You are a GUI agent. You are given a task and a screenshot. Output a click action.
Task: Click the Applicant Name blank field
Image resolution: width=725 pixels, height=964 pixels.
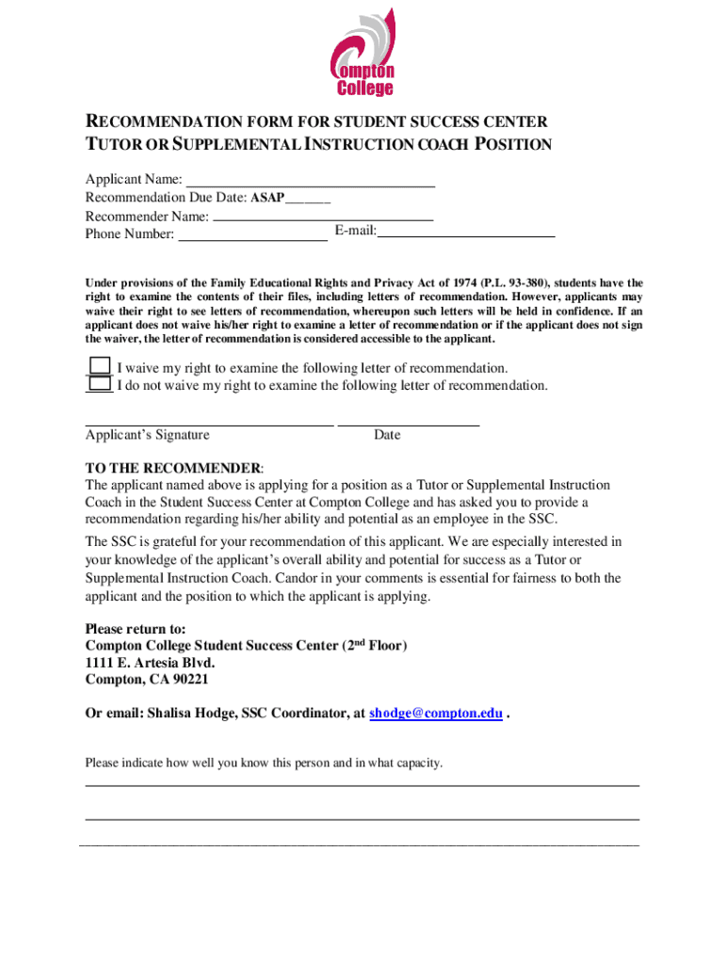point(310,180)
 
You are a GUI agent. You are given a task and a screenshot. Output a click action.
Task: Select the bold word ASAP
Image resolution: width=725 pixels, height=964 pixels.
point(267,199)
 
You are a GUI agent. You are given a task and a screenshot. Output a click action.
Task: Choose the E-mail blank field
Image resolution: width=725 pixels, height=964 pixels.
point(466,232)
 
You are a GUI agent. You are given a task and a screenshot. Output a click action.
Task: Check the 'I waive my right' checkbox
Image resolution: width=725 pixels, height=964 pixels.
point(100,367)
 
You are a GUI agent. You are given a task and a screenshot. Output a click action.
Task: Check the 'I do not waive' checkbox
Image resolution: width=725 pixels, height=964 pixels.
point(100,384)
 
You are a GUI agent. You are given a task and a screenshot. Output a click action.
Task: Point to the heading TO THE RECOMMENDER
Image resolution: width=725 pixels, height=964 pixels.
point(173,469)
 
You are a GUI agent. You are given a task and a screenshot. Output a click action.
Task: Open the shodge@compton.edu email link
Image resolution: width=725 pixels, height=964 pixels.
point(435,714)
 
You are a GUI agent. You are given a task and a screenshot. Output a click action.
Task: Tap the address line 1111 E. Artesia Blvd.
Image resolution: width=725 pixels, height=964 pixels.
point(143,663)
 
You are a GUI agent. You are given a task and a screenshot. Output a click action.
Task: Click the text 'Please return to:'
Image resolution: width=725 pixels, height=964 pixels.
point(136,629)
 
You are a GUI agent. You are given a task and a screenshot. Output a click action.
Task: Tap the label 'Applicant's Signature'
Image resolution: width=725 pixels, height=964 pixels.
point(148,435)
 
